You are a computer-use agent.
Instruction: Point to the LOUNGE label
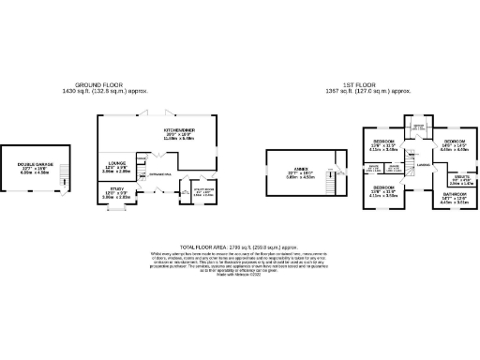[x=116, y=163]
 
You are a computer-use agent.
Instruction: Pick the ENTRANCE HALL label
[x=157, y=173]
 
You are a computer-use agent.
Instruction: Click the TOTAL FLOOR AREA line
[x=240, y=243]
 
